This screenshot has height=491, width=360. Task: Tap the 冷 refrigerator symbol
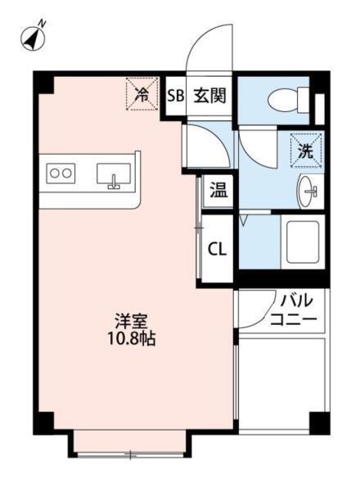click(141, 92)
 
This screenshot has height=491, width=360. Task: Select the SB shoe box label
click(175, 95)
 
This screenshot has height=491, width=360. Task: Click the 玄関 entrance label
click(209, 95)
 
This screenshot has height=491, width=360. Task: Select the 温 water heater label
click(218, 192)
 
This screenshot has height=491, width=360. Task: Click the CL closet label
click(218, 250)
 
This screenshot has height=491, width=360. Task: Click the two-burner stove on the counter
click(61, 173)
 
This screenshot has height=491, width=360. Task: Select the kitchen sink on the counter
click(114, 174)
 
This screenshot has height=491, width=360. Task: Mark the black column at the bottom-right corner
click(318, 422)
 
